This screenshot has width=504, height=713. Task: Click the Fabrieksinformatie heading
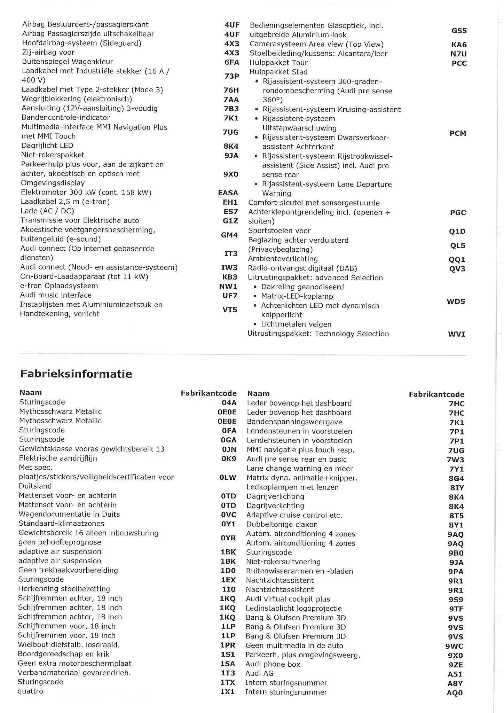click(76, 374)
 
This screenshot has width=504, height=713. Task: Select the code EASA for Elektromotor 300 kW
click(228, 193)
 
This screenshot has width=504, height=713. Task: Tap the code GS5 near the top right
click(459, 31)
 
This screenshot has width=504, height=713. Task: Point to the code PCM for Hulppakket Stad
click(458, 133)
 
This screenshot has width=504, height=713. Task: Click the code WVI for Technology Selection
click(456, 334)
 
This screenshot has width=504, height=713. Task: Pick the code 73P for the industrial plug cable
click(231, 76)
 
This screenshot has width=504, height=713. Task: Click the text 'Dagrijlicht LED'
click(47, 146)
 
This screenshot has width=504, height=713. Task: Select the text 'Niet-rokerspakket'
click(53, 155)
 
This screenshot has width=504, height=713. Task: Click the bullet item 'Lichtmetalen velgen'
click(296, 324)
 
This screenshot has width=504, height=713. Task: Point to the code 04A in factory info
click(229, 402)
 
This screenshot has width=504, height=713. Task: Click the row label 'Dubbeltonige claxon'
click(282, 524)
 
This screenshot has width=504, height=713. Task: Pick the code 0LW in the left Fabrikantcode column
click(228, 477)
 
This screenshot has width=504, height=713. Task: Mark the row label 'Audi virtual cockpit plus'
click(288, 599)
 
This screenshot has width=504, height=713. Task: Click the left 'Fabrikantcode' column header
click(208, 393)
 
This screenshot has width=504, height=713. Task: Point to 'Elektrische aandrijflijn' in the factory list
click(58, 458)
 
